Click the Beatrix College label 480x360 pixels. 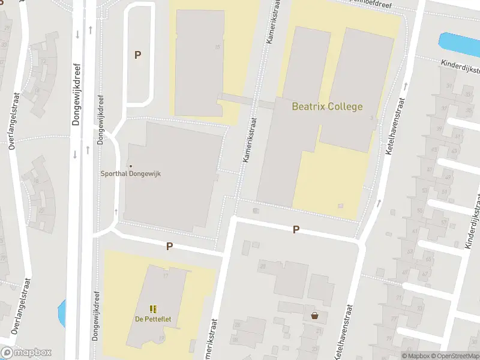(x=327, y=107)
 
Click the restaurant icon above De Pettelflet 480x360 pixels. (x=152, y=309)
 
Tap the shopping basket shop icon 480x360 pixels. (x=314, y=315)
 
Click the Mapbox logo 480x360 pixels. (x=26, y=353)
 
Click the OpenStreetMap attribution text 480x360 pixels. (x=454, y=356)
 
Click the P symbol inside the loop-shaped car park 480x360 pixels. (x=137, y=55)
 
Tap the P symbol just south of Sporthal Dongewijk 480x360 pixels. (x=169, y=246)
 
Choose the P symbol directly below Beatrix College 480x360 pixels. (x=296, y=230)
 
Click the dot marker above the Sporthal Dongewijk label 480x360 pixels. (x=130, y=166)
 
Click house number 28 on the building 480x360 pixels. (x=262, y=266)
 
